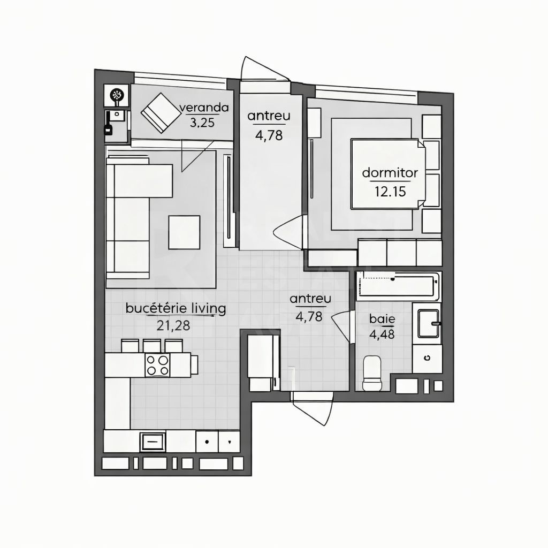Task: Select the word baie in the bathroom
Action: (x=382, y=319)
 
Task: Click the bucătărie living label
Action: (x=176, y=308)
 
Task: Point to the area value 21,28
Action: (x=173, y=325)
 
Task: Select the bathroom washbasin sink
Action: (x=428, y=323)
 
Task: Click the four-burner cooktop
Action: (x=157, y=366)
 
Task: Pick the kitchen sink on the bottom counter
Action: (x=153, y=442)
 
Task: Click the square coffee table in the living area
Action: (x=184, y=232)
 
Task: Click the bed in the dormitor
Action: (x=387, y=174)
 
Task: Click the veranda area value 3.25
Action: (x=202, y=122)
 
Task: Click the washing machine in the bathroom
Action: (x=427, y=359)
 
